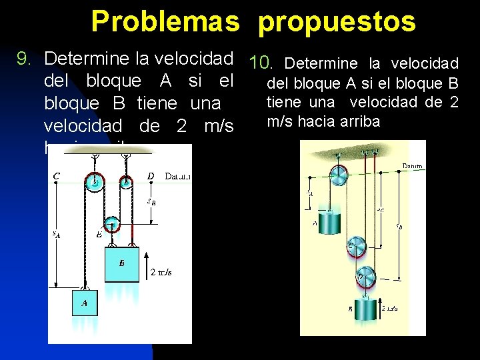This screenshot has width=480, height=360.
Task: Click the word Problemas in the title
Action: pyautogui.click(x=165, y=21)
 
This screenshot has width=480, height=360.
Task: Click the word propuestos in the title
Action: pyautogui.click(x=337, y=21)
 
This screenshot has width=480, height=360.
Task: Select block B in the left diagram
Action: pyautogui.click(x=121, y=264)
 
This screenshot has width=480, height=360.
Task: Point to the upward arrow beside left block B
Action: pyautogui.click(x=146, y=264)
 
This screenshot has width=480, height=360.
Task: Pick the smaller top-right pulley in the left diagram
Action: pyautogui.click(x=125, y=179)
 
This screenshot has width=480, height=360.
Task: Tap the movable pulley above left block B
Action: pyautogui.click(x=111, y=226)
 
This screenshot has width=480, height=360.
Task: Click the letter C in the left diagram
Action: pyautogui.click(x=57, y=176)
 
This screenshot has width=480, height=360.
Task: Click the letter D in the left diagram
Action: pyautogui.click(x=151, y=176)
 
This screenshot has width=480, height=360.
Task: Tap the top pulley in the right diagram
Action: pyautogui.click(x=338, y=175)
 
